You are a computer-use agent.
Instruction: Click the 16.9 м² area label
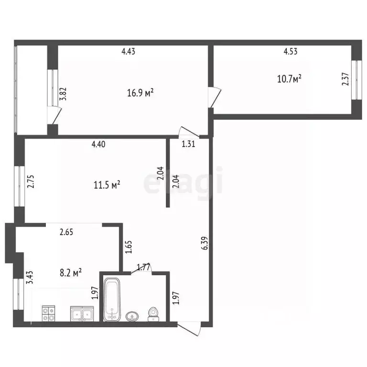(x=140, y=93)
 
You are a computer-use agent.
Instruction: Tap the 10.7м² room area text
(x=289, y=79)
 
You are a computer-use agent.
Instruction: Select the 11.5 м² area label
(x=107, y=185)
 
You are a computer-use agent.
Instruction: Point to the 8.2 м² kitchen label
(x=71, y=273)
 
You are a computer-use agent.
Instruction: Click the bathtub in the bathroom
(x=112, y=299)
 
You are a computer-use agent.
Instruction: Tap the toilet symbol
(x=153, y=314)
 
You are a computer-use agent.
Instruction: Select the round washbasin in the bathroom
(x=132, y=317)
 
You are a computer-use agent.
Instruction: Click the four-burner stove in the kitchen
(x=48, y=313)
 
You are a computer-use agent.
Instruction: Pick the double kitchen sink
(x=82, y=313)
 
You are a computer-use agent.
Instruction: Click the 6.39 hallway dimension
(x=205, y=243)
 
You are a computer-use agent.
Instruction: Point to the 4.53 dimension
(x=291, y=51)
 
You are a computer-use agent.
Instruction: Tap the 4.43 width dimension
(x=128, y=51)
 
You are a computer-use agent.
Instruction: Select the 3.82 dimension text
(x=63, y=94)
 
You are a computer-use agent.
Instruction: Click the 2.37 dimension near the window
(x=345, y=79)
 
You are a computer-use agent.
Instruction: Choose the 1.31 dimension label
(x=188, y=144)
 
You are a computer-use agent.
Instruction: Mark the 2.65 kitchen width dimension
(x=66, y=232)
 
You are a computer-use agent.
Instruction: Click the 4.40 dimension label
(x=98, y=144)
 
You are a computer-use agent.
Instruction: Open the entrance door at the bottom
(x=189, y=329)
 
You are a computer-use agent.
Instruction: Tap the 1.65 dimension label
(x=129, y=247)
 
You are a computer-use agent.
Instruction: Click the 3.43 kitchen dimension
(x=30, y=277)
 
